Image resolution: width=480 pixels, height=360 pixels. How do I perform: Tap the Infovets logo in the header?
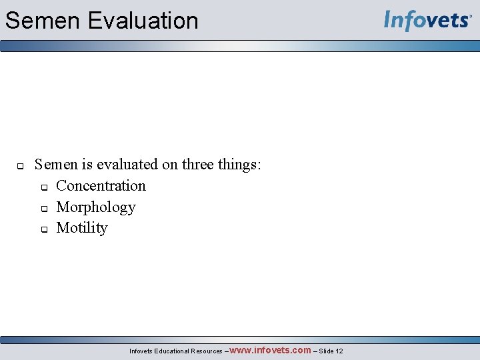pos(427,20)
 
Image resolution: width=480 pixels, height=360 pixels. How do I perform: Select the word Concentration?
pos(101,186)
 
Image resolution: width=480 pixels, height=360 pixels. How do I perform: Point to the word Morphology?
pos(96,207)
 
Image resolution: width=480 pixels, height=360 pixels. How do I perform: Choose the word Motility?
pos(82,228)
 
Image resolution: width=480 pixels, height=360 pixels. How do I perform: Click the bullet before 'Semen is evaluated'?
pos(20,165)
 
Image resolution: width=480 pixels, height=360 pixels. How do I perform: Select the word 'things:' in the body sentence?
pos(240,165)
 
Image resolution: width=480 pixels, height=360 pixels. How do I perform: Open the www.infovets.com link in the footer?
pos(270,350)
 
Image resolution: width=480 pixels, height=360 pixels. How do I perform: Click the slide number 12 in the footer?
pos(339,351)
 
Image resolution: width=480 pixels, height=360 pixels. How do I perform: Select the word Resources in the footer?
pos(207,351)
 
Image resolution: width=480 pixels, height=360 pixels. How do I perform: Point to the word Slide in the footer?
pos(326,351)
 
